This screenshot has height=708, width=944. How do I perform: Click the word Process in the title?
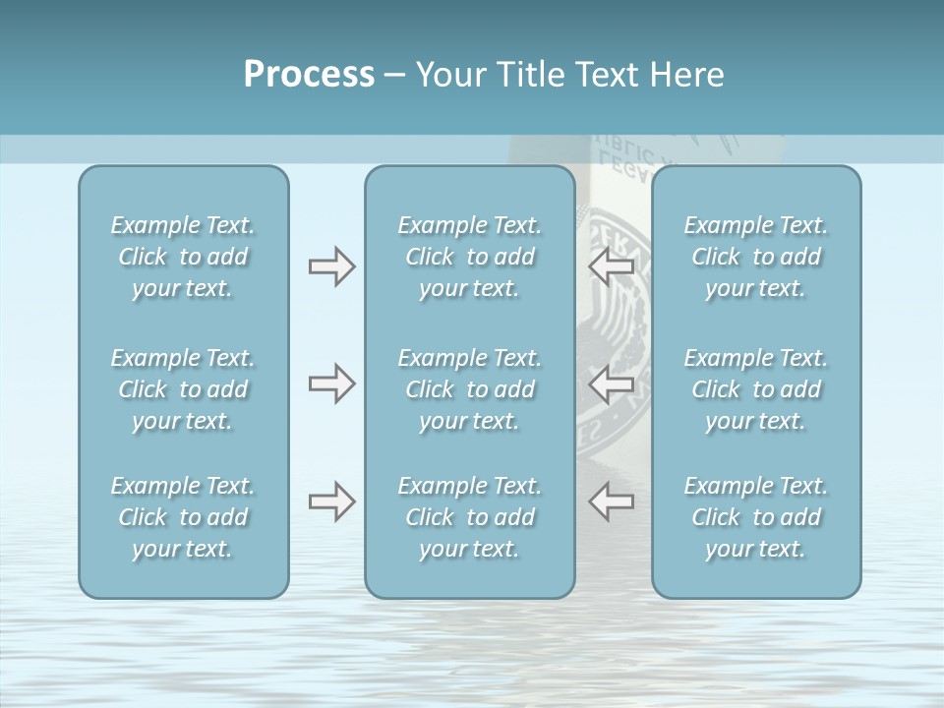[309, 75]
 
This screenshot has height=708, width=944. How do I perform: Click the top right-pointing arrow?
[331, 266]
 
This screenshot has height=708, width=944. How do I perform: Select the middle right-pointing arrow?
[331, 383]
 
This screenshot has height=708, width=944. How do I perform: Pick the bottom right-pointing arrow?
[331, 501]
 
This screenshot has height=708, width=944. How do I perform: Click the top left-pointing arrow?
[612, 266]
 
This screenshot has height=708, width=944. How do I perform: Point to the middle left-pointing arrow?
[612, 383]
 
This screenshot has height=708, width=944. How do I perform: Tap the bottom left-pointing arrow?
[612, 501]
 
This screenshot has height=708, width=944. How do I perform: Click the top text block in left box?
[183, 257]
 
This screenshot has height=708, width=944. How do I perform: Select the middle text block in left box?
[183, 389]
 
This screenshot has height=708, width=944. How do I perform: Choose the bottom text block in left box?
[183, 517]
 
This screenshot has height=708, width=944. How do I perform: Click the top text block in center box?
[469, 257]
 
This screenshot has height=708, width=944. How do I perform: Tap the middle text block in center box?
[469, 389]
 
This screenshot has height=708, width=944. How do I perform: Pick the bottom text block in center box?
[469, 517]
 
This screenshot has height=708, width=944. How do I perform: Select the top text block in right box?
[755, 257]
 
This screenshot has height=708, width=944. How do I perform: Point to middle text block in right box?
[755, 389]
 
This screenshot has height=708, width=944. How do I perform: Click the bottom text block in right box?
[755, 517]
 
